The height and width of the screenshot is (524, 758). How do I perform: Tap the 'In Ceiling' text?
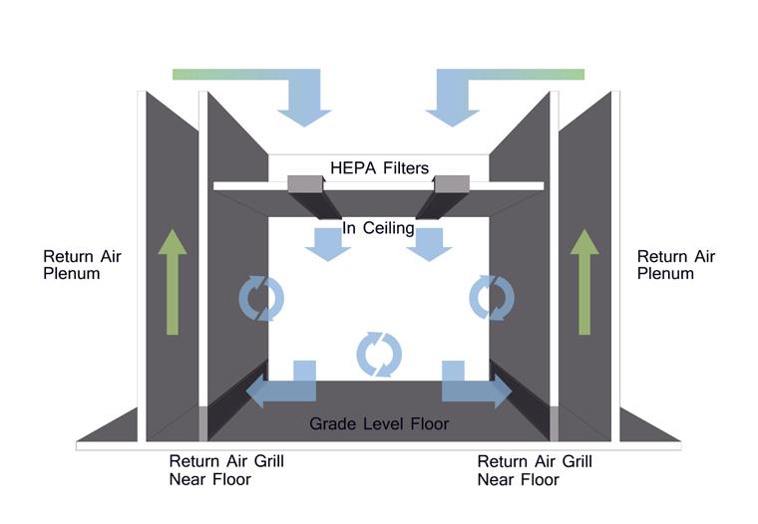pos(378,228)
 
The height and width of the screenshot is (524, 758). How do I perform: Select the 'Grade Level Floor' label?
pos(379,423)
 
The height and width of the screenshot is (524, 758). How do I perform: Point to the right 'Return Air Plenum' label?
pos(676,265)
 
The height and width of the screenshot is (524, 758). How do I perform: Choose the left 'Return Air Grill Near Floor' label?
pos(226,470)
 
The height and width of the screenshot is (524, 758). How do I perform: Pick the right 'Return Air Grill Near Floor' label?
pos(535,470)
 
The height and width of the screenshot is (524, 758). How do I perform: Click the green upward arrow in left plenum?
pos(172,281)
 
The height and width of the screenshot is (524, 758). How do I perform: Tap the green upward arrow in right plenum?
pos(584,281)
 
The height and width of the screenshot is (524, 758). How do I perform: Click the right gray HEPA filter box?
pos(451,183)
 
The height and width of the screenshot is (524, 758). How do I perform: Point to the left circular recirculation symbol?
pos(261,297)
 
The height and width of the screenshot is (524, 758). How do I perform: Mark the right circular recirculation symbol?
pos(492,297)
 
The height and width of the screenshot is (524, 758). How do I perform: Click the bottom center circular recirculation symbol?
pos(379,354)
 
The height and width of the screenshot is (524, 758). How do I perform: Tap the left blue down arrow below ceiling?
pos(327,242)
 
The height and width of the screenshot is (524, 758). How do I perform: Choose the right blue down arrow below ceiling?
pos(429,242)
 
